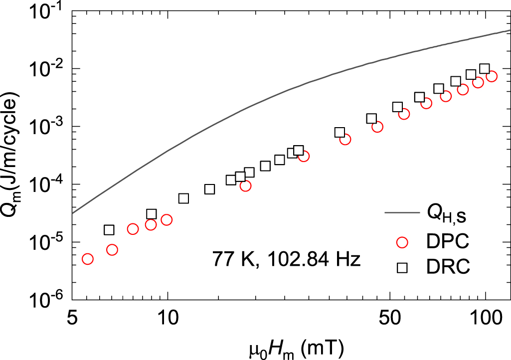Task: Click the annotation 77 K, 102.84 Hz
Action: point(286,260)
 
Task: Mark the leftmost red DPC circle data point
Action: point(88,259)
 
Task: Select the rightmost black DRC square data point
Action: point(484,69)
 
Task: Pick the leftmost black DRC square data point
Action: point(109,230)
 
